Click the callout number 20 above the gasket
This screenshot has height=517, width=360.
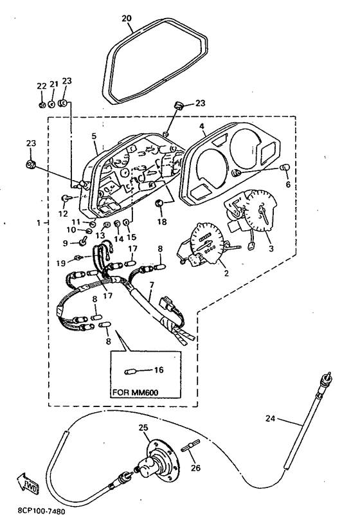(127, 19)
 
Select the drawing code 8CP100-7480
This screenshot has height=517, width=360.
(41, 511)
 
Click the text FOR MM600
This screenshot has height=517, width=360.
(136, 393)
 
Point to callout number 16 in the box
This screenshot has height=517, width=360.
(159, 370)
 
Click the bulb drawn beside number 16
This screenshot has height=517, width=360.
(130, 372)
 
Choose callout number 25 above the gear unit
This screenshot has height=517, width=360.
(143, 428)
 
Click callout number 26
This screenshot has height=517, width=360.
(196, 467)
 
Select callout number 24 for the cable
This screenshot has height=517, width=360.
(271, 419)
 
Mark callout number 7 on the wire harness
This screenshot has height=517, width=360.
(152, 284)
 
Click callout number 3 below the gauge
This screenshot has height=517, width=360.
(271, 248)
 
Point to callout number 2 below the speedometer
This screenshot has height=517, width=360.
(226, 273)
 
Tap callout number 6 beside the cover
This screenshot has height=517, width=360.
(288, 184)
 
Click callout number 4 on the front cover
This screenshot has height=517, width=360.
(202, 126)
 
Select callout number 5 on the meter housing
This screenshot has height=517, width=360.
(94, 136)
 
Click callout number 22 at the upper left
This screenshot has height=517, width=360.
(42, 86)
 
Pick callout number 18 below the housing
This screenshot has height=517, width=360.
(162, 222)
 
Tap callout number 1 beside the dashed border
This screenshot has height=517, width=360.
(39, 223)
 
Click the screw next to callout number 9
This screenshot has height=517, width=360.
(83, 242)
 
